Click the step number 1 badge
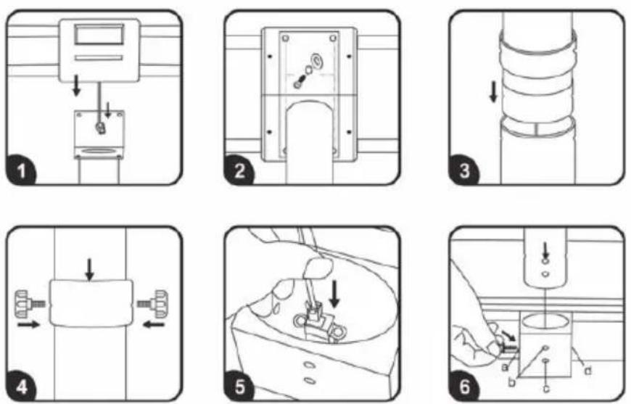coord(21,170)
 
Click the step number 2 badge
coord(239,170)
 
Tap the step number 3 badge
coord(464,170)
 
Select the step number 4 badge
coord(21,387)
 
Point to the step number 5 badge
coord(239,387)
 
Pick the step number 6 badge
coord(464,387)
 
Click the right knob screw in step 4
coord(152,304)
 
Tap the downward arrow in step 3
coord(493,93)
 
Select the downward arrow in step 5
coord(334,294)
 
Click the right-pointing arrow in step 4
coord(29,324)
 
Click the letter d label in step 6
coord(587,371)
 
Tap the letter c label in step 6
coord(546,388)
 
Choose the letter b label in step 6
coord(511,382)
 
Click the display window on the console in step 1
coord(99,34)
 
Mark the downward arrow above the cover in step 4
coord(89,269)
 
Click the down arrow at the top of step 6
coord(545,250)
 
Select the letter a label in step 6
coord(503,368)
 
